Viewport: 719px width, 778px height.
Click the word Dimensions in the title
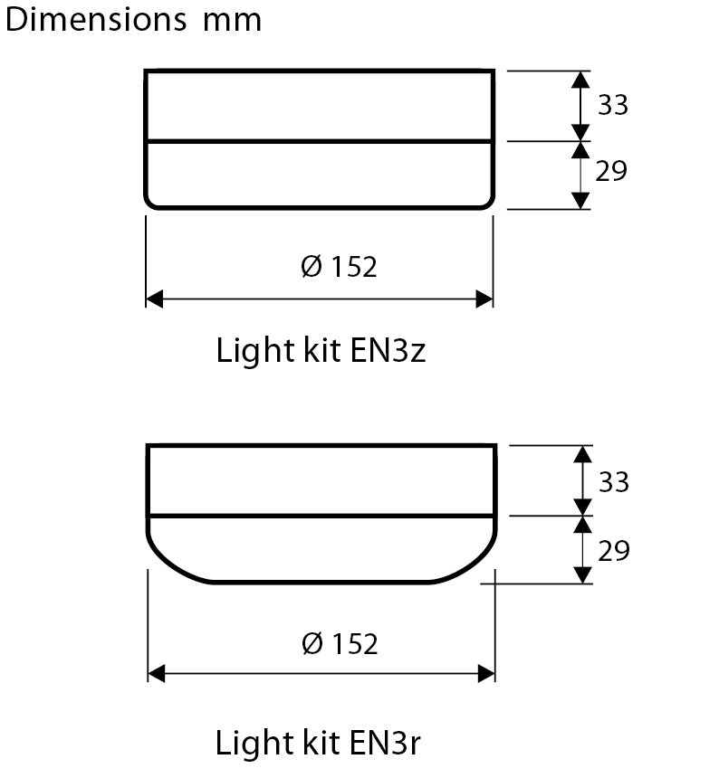97,19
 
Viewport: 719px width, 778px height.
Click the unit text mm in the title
232,20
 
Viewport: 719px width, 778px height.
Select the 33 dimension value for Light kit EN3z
612,105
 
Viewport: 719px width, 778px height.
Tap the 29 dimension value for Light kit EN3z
611,171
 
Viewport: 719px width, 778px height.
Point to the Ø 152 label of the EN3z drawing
338,267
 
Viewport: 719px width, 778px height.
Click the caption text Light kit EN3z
321,350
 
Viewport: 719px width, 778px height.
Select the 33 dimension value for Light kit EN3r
614,482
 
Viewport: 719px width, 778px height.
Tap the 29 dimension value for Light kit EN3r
614,550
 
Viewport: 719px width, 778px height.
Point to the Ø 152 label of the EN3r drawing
339,643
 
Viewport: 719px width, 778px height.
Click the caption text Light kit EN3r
318,744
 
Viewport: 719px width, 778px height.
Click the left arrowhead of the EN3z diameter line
154,299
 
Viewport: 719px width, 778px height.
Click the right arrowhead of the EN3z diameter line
484,299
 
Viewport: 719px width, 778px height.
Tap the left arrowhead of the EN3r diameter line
157,674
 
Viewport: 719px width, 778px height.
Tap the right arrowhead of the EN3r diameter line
486,674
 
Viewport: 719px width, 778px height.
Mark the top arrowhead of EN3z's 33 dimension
580,79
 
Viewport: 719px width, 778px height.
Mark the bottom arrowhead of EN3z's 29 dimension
580,201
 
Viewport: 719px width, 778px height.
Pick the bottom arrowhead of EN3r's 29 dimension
582,574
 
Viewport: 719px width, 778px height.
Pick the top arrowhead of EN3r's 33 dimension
582,454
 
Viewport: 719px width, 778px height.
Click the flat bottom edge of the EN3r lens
321,582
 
